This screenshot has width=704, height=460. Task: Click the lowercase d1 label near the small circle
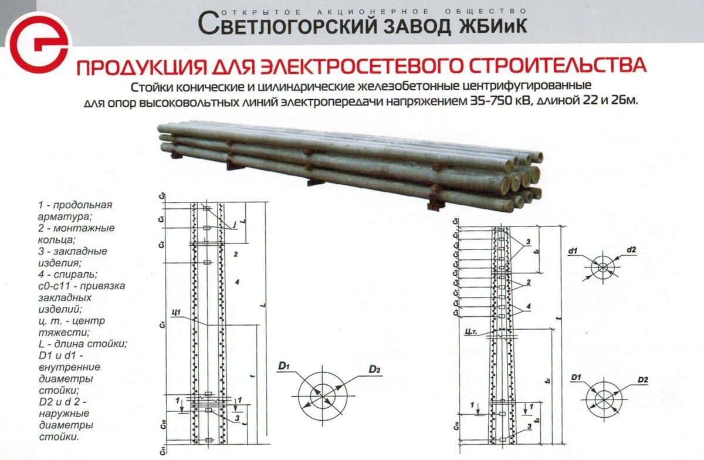click(573, 251)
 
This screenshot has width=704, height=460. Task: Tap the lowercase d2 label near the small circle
click(631, 250)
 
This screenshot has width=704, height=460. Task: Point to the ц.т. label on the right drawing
click(470, 332)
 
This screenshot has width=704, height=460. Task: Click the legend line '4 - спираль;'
click(59, 273)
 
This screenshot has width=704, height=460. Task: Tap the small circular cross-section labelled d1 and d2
click(603, 268)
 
